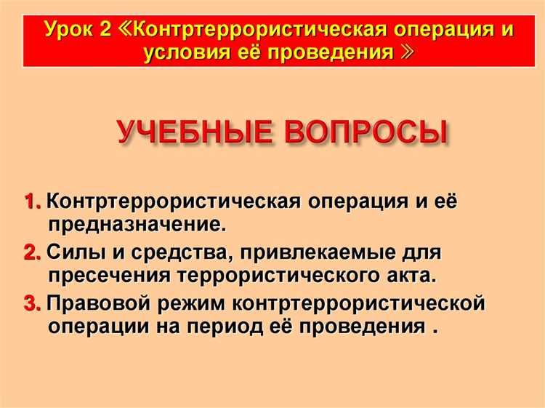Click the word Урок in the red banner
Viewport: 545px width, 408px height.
click(70, 31)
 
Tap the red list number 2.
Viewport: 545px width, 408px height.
click(32, 253)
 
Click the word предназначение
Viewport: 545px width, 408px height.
click(137, 223)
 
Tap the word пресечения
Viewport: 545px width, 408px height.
click(108, 276)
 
